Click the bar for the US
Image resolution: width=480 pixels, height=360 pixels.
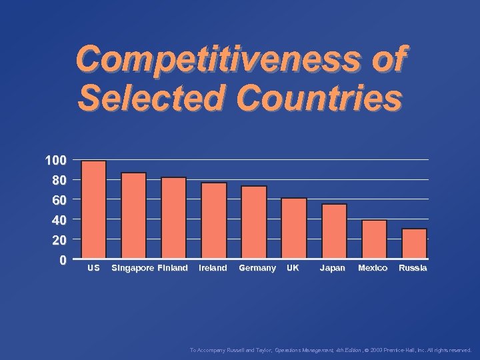pyautogui.click(x=93, y=209)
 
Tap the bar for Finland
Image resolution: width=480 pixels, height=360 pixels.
pyautogui.click(x=173, y=217)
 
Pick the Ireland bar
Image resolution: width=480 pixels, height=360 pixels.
pyautogui.click(x=213, y=220)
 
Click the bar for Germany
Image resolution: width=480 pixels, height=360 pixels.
pyautogui.click(x=253, y=222)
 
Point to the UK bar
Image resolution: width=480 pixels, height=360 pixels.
pyautogui.click(x=293, y=228)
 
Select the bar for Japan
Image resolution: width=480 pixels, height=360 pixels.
pyautogui.click(x=334, y=231)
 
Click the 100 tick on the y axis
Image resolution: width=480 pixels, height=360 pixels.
pyautogui.click(x=55, y=161)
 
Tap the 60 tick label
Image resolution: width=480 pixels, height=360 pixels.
pyautogui.click(x=59, y=200)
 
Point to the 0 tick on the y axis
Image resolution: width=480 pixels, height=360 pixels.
pyautogui.click(x=62, y=260)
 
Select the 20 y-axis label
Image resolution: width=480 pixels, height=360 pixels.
pyautogui.click(x=59, y=239)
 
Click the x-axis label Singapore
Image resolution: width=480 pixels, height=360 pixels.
pyautogui.click(x=132, y=268)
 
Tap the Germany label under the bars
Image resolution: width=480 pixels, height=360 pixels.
pyautogui.click(x=257, y=268)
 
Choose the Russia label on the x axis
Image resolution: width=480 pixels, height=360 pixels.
pyautogui.click(x=413, y=268)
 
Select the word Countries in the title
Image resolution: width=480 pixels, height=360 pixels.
pyautogui.click(x=319, y=99)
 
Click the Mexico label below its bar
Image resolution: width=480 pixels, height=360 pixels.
pyautogui.click(x=373, y=268)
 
